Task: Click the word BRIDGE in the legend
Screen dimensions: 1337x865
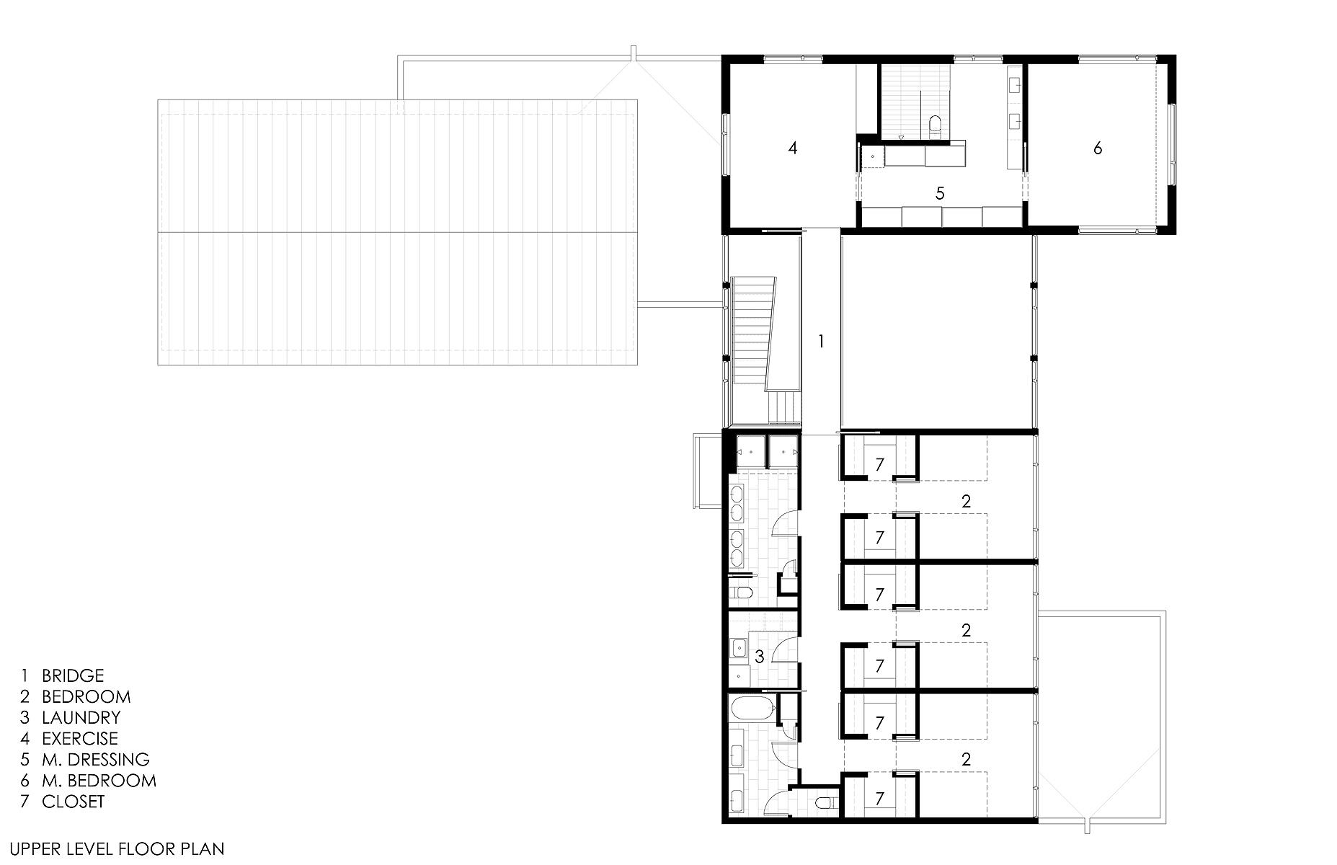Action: tap(73, 675)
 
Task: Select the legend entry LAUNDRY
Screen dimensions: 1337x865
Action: tap(81, 717)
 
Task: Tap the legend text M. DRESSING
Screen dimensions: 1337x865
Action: tap(96, 759)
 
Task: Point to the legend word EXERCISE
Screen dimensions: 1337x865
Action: tap(80, 738)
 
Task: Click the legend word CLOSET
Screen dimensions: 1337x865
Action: tap(74, 801)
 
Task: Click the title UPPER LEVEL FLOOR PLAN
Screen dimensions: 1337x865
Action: tap(117, 849)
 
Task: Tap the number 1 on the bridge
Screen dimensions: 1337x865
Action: tap(820, 341)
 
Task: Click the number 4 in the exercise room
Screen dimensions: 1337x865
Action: tap(793, 148)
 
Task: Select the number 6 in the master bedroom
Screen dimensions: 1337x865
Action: tap(1098, 148)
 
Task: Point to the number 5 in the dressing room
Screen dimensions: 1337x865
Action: tap(939, 193)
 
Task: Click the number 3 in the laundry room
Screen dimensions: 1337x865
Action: tap(760, 657)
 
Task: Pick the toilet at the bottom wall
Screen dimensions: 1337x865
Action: tap(824, 802)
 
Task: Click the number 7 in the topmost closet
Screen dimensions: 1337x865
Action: tap(879, 465)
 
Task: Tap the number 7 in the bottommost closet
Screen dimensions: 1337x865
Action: tap(879, 799)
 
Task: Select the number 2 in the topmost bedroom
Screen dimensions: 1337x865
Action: tap(967, 502)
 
